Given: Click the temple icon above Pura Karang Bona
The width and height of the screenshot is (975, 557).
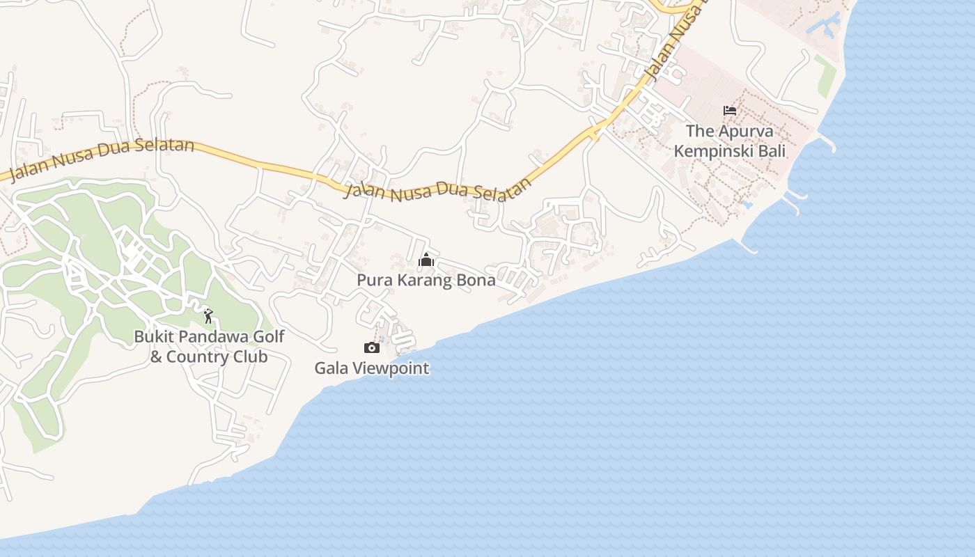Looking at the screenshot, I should coord(426,260).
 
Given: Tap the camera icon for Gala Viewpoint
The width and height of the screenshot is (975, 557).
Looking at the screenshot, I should coord(372,347).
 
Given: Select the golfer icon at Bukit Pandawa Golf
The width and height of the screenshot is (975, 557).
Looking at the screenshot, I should coord(208,317).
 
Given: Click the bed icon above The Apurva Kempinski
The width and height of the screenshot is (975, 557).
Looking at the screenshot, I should coord(730,111).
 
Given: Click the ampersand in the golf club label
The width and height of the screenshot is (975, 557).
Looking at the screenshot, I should coord(156,357).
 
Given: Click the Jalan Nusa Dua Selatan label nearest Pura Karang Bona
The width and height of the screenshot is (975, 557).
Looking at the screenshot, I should coord(439,189).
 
